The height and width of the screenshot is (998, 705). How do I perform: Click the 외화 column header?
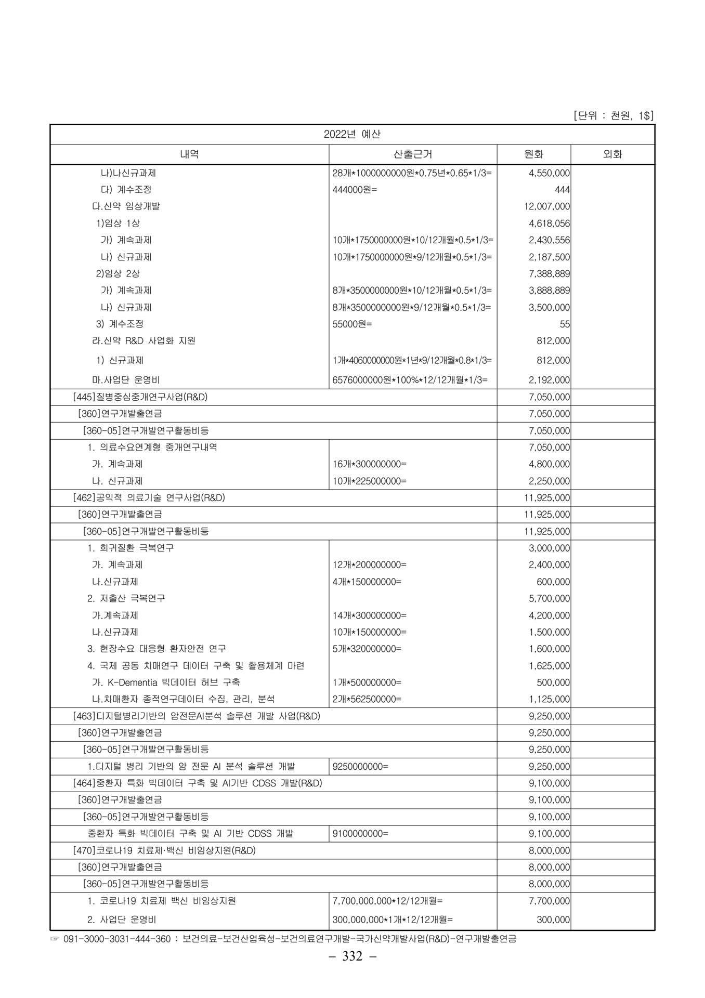(612, 154)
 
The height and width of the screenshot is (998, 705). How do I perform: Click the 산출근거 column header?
(413, 154)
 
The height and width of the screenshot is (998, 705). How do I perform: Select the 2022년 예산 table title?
(352, 134)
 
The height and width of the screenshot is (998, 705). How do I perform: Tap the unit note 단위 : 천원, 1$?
(613, 116)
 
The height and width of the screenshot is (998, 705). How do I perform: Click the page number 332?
(352, 956)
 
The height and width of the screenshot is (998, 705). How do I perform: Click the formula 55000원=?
(352, 324)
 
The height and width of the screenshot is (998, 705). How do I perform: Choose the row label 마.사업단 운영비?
(123, 380)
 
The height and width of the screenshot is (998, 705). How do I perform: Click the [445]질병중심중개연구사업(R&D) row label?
(140, 397)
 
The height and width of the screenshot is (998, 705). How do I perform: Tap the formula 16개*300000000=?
(369, 464)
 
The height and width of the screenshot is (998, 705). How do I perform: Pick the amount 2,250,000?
(549, 481)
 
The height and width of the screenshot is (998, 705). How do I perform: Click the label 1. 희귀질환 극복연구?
(130, 548)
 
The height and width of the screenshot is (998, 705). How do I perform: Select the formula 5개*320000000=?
(367, 649)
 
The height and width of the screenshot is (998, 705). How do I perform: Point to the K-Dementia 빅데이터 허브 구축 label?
(166, 682)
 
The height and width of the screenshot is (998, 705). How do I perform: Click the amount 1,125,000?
(549, 699)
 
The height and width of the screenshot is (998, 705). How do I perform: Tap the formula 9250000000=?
(360, 766)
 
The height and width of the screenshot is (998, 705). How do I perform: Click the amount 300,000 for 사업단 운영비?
(553, 920)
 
